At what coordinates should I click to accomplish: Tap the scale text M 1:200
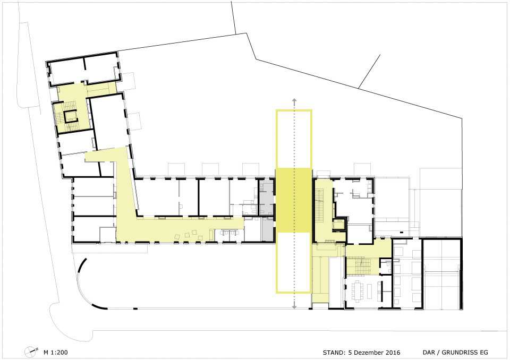point(56,352)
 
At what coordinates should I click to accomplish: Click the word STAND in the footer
point(334,353)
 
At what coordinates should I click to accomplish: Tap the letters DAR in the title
point(428,353)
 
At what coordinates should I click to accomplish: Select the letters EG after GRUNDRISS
point(484,353)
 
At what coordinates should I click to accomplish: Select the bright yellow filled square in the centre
point(294,200)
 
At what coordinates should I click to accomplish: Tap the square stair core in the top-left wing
point(70,116)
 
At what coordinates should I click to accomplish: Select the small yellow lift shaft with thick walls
point(338,225)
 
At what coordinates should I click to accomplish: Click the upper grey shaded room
point(267,198)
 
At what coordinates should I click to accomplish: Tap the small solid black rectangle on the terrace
point(402,232)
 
